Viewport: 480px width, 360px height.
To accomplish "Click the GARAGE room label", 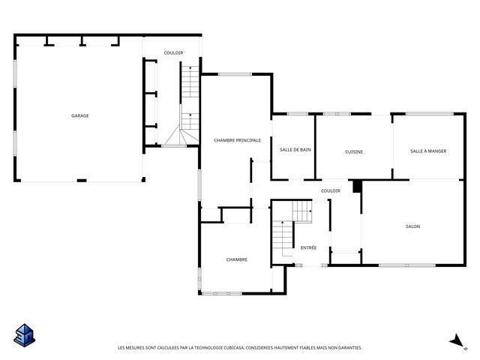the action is [80, 115].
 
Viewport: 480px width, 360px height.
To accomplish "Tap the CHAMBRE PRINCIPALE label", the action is [237, 140].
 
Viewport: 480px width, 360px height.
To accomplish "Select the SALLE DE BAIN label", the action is [295, 150].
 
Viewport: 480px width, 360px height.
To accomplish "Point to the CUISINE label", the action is [354, 151].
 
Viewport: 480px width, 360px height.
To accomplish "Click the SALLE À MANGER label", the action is [428, 151].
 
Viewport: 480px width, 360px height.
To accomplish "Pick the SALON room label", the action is [412, 226].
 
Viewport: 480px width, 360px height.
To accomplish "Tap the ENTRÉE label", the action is [308, 247].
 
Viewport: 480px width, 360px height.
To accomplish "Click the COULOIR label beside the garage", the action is [173, 53].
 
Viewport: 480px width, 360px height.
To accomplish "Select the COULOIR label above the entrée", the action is [331, 190].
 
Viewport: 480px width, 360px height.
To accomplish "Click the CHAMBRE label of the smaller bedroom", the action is [237, 259].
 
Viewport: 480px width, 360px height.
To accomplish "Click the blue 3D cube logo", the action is [25, 335].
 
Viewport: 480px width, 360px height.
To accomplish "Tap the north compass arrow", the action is [457, 340].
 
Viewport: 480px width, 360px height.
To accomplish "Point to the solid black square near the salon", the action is [357, 187].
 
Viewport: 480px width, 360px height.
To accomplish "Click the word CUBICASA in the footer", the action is [234, 348].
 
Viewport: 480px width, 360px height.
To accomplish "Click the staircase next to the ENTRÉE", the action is [292, 228].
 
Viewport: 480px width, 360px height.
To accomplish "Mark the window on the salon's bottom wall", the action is [406, 265].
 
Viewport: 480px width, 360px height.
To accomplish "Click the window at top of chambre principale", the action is [235, 74].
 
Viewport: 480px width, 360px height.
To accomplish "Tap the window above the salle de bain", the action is [297, 114].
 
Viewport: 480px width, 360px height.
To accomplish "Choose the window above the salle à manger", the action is [430, 114].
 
